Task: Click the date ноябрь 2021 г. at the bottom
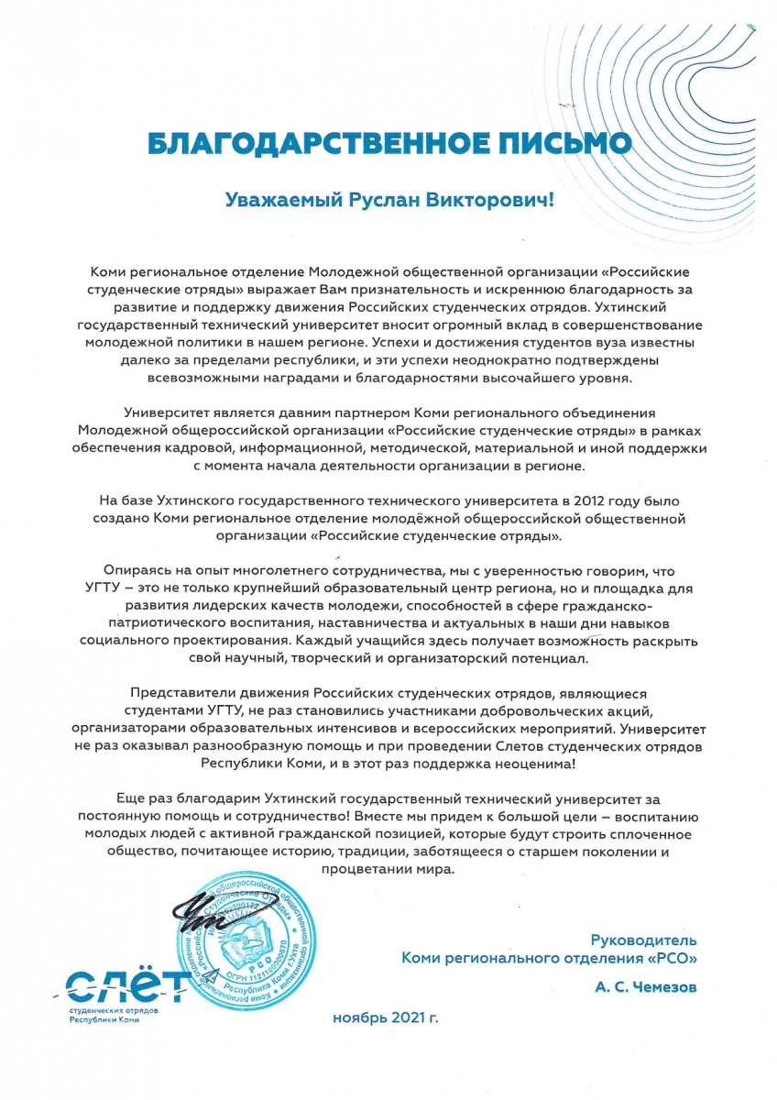click(386, 1018)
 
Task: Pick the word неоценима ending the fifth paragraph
click(537, 764)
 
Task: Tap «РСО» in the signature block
click(672, 959)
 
